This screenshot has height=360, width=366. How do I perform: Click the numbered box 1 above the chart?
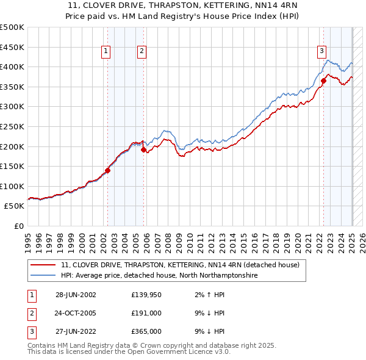click(x=106, y=52)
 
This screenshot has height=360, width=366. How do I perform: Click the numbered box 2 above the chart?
click(x=142, y=52)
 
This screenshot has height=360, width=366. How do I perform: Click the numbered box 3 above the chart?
click(x=321, y=52)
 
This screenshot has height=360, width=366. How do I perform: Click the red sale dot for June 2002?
click(x=108, y=171)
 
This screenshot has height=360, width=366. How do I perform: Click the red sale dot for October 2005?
click(x=143, y=150)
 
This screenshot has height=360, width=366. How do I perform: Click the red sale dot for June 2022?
click(x=323, y=81)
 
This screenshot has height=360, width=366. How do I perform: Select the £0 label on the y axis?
click(x=18, y=226)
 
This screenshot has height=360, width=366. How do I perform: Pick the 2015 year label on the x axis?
click(x=243, y=239)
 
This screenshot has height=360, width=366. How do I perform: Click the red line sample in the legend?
click(x=43, y=265)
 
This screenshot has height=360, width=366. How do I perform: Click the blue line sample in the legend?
click(x=43, y=276)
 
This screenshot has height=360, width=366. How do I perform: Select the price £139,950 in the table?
click(x=146, y=295)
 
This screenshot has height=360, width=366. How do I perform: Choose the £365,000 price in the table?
click(x=146, y=331)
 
